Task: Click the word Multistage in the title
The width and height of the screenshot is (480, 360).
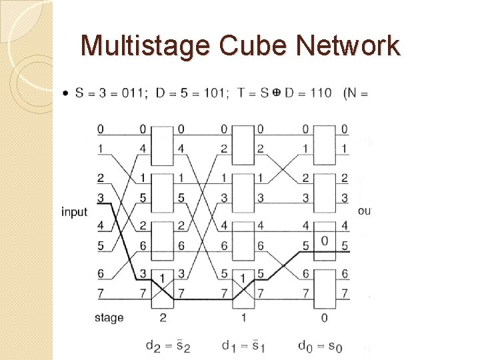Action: tap(137, 46)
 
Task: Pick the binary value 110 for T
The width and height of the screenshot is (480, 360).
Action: tap(318, 93)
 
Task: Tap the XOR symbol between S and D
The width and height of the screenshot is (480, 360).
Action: tap(275, 93)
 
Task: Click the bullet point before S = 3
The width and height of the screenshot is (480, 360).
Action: tap(65, 93)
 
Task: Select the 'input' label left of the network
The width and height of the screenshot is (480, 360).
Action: tap(74, 212)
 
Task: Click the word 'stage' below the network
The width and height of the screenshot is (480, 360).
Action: tap(109, 317)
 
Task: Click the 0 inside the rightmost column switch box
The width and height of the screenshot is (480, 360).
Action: tap(325, 241)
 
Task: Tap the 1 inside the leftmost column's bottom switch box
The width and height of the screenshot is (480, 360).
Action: tap(163, 277)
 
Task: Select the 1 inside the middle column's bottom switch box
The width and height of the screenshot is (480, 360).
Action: tap(243, 277)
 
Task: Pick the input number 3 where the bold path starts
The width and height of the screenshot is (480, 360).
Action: tap(100, 197)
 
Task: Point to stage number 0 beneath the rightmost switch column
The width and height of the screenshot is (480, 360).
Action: tap(324, 317)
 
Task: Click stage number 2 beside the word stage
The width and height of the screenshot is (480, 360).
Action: tap(163, 317)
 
